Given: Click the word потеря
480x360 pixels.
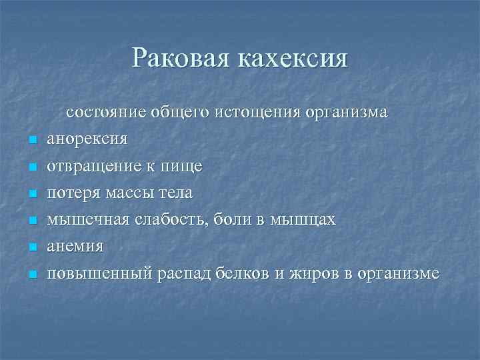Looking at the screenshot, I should pos(71,193).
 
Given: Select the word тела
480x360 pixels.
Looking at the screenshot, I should pos(177,193).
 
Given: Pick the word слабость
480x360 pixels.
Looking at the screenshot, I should pos(168,219).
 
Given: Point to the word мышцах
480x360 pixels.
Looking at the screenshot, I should pos(303,219).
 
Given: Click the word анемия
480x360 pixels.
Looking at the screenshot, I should pos(75,246).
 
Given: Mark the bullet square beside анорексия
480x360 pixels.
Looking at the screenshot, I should pos(31,141).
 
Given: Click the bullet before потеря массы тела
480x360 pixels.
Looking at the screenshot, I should pos(31,194).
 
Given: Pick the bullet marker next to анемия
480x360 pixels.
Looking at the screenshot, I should pos(31,247).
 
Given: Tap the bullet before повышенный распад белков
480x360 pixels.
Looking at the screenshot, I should pos(31,274).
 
